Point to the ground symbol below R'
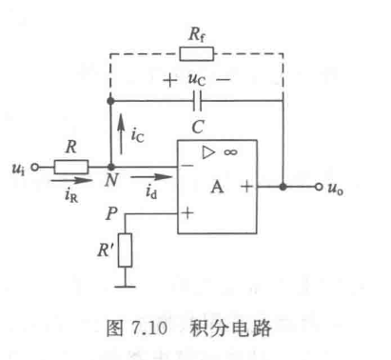pos(126,283)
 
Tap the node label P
pos(112,215)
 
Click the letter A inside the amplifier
pos(218,188)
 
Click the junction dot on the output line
pos(283,188)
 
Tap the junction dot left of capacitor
pos(111,100)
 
